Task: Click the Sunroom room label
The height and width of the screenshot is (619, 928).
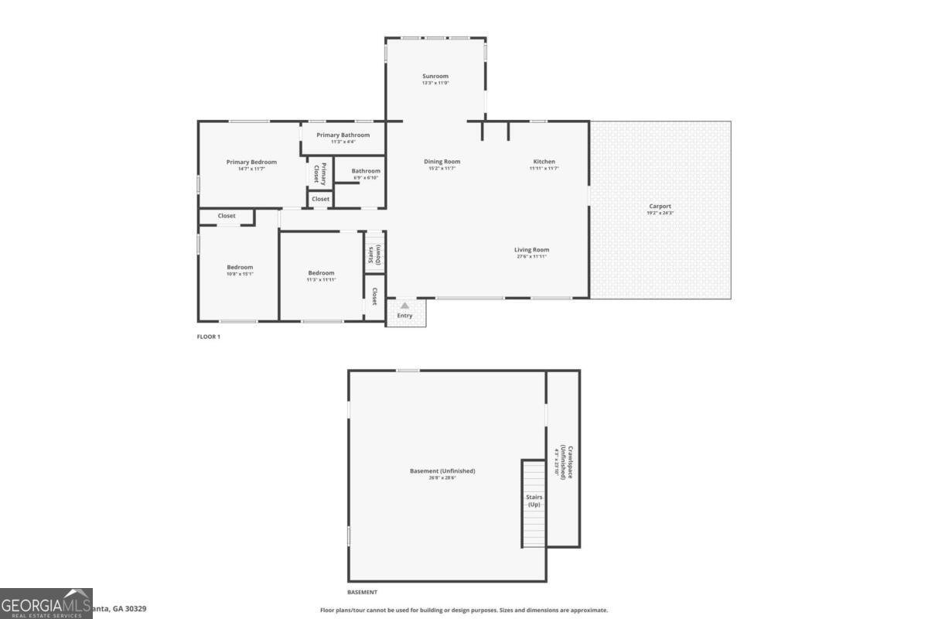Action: point(435,77)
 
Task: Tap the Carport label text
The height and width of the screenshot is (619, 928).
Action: point(660,207)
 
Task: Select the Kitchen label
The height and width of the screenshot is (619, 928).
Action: point(544,162)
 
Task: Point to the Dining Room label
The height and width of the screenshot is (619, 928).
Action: point(442,162)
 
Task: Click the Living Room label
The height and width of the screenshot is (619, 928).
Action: point(532,250)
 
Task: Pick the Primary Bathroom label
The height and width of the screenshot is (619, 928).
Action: point(343,135)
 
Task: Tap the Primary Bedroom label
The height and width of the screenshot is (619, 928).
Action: point(251,162)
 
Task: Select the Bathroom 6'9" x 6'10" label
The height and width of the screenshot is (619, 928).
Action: point(366,171)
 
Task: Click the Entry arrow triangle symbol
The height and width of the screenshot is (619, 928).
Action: point(404,306)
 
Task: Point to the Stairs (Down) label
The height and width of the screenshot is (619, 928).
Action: point(374,255)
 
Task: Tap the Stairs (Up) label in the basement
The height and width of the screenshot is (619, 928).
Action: point(534,501)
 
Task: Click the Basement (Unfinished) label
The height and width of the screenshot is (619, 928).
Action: point(442,471)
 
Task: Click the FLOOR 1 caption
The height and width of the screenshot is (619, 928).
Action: point(209,337)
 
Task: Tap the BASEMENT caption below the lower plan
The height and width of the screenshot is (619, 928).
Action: point(362,592)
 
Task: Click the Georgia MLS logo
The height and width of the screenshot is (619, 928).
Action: point(46,604)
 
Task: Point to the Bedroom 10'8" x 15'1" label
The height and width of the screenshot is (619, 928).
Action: point(240,268)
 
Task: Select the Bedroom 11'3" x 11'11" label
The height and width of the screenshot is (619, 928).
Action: point(321,273)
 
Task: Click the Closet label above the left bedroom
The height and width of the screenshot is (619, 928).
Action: point(227,216)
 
